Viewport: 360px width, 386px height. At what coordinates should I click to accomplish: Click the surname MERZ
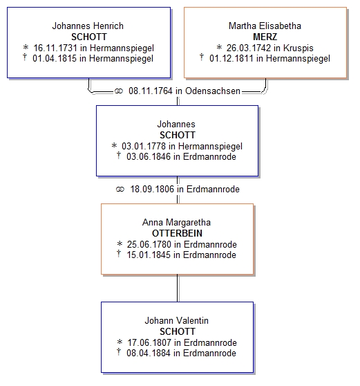coord(265,37)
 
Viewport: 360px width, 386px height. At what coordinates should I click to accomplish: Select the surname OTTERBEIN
coord(177,233)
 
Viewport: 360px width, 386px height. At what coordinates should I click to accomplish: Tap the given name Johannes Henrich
coord(88,26)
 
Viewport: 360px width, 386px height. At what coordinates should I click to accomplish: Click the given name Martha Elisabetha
coord(265,26)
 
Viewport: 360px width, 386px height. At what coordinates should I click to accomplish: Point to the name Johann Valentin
coord(177,320)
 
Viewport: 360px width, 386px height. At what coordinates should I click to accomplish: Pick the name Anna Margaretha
coord(177,222)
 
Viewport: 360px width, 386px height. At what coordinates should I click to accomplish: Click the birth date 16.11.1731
coord(55,48)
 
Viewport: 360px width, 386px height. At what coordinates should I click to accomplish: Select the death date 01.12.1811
coord(231,59)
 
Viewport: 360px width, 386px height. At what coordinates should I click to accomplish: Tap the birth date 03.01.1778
coord(144,146)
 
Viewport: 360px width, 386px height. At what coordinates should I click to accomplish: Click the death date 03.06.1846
coord(149,156)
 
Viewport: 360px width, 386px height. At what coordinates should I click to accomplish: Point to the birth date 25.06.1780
coord(149,244)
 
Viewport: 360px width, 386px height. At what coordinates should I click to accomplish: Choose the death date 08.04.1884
coord(149,353)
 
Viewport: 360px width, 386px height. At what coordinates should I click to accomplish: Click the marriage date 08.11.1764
coord(151,91)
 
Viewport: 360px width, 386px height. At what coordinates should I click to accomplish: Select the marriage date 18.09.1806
coord(152,189)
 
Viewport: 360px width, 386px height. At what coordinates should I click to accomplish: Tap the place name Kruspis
coord(299,48)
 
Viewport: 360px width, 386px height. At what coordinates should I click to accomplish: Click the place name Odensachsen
coord(213,91)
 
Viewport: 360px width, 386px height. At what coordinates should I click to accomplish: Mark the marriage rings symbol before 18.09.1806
coord(120,190)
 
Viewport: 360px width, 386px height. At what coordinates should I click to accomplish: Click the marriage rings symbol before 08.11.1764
coord(119,91)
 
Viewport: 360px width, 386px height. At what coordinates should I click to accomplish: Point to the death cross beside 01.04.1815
coord(25,57)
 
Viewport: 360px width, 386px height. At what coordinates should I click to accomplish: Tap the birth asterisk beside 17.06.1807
coord(120,342)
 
